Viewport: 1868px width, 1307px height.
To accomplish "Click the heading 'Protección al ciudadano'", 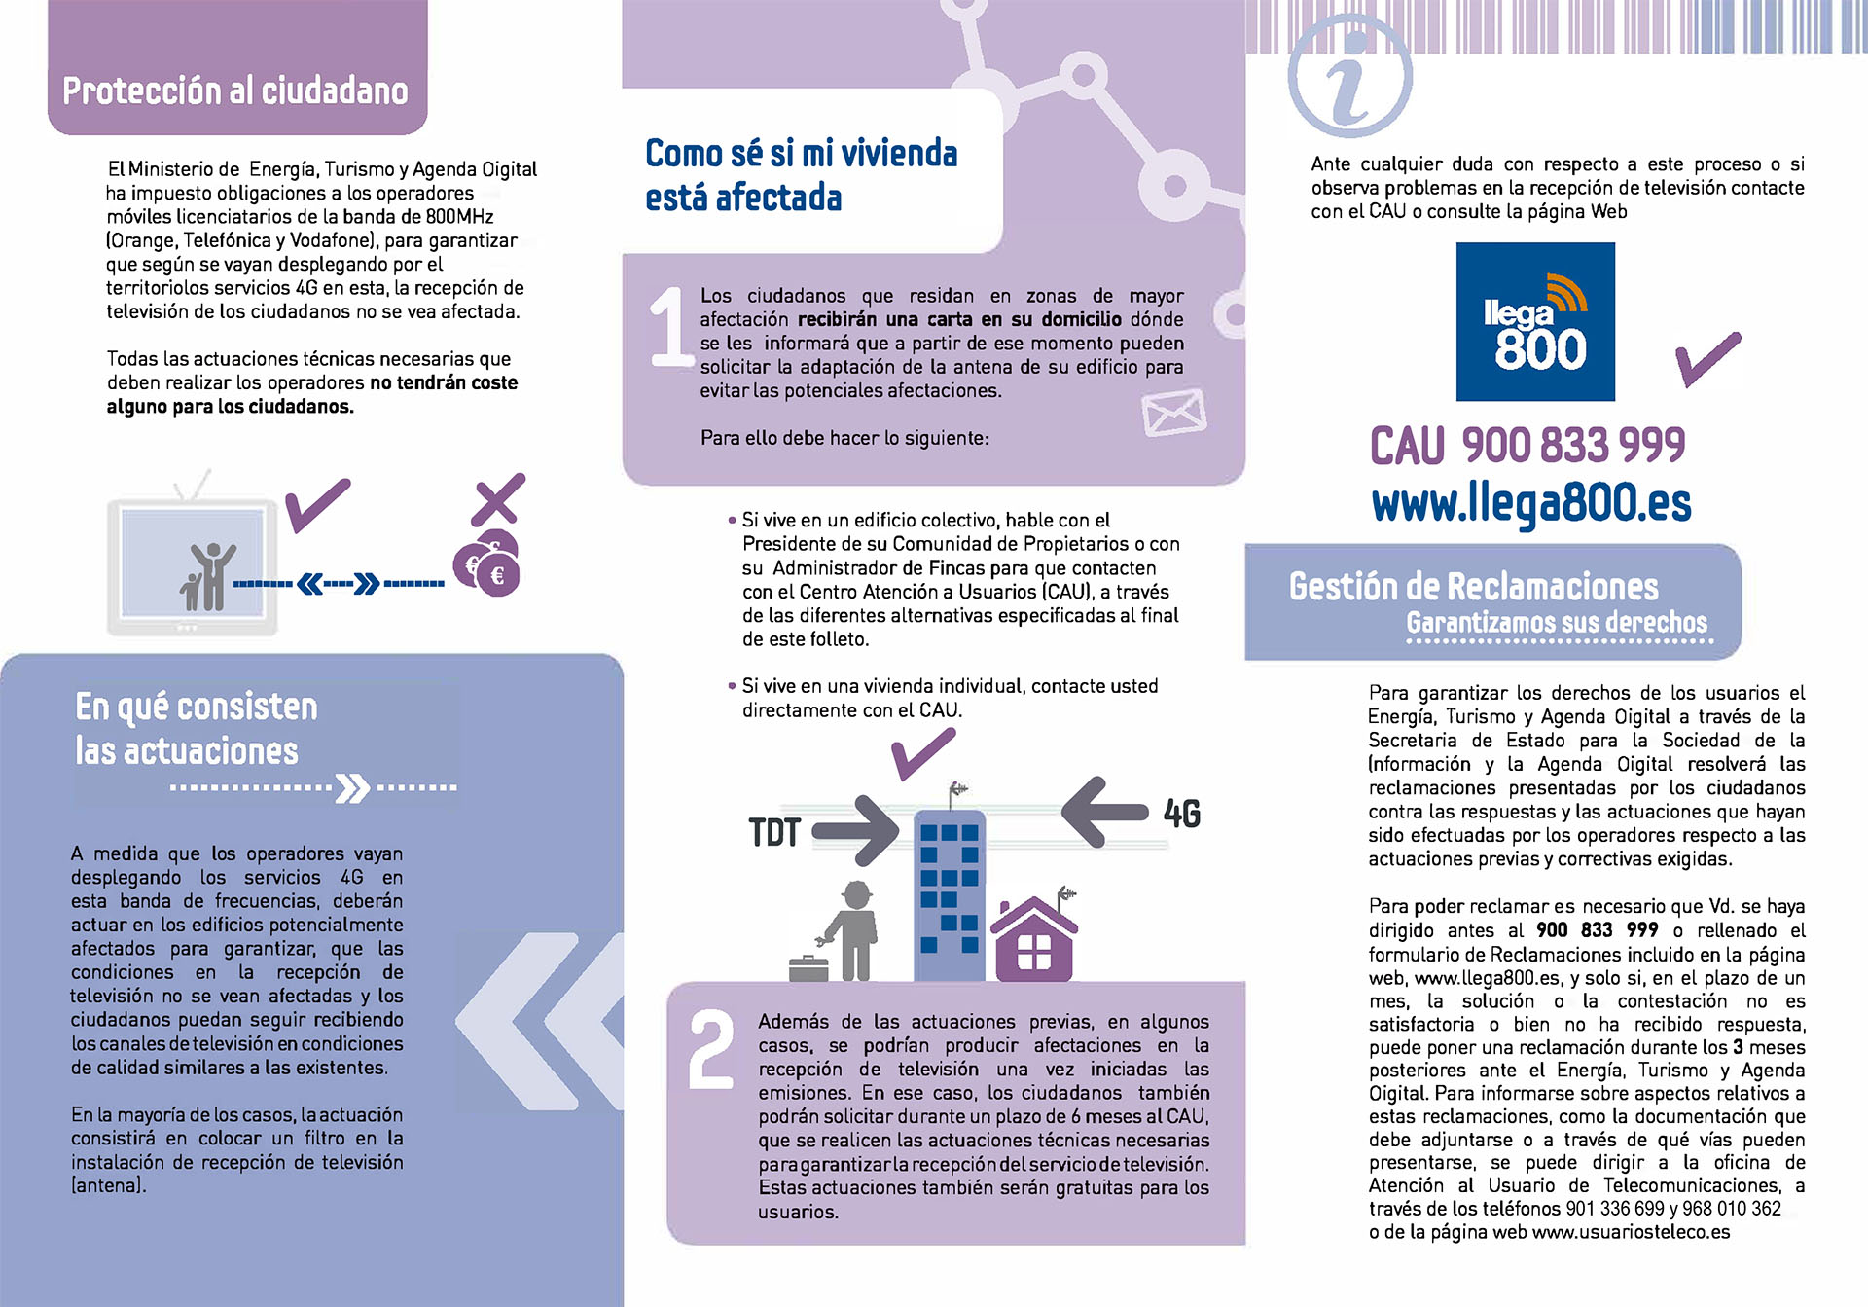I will click(x=235, y=91).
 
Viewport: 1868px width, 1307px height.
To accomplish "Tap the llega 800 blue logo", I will click(x=1534, y=322).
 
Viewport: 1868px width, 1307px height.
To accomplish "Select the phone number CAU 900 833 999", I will click(x=1527, y=446).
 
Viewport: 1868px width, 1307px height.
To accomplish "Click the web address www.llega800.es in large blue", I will click(x=1530, y=503).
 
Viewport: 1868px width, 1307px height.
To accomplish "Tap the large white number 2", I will click(x=711, y=1049).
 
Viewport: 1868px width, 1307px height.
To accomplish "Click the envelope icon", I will click(x=1173, y=413).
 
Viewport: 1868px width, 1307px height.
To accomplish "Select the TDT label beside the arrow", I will click(x=774, y=833).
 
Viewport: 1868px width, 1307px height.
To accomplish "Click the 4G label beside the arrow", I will click(x=1182, y=814).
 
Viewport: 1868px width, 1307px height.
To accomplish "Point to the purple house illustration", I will click(x=1033, y=940).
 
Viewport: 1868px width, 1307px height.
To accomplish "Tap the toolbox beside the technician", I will click(x=808, y=967).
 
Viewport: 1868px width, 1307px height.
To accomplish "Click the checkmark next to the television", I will click(x=317, y=504).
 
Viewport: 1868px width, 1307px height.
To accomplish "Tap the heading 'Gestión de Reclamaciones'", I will click(x=1473, y=587).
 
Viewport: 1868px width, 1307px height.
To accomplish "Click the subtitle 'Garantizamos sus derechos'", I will click(x=1557, y=623).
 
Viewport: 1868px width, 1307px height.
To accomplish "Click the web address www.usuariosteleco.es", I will click(x=1631, y=1232).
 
